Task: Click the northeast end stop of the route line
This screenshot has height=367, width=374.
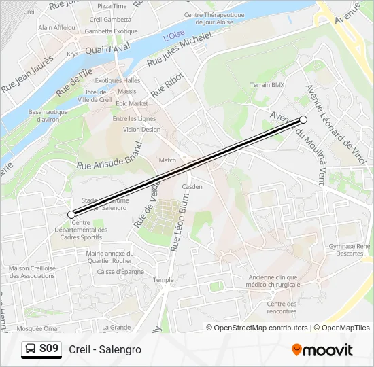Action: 303,120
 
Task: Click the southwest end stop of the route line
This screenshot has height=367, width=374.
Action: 71,215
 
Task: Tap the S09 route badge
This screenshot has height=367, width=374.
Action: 41,349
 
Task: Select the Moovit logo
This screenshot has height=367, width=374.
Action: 322,350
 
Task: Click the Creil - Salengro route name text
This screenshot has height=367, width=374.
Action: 105,349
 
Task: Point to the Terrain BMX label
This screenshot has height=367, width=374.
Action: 267,85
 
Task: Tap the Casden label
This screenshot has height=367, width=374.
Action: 192,186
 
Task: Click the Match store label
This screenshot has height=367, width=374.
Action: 167,160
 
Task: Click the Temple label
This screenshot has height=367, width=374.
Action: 163,279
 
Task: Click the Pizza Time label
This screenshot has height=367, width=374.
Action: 112,6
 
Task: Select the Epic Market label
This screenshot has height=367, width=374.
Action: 131,103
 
